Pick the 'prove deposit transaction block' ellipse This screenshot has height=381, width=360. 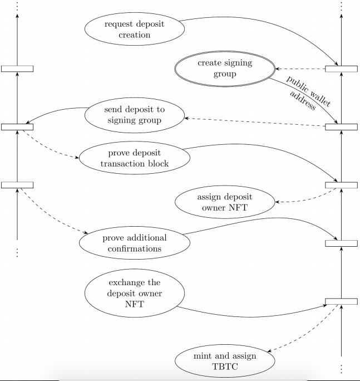click(x=135, y=158)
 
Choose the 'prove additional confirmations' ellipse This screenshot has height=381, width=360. click(x=135, y=243)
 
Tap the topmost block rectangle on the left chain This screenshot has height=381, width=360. click(x=17, y=69)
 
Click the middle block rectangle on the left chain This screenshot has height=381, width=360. click(x=17, y=126)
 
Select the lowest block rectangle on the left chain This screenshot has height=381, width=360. click(x=17, y=185)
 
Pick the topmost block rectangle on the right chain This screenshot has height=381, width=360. click(x=341, y=69)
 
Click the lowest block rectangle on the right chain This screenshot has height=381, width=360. click(x=341, y=301)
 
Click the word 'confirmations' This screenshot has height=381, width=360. click(x=135, y=249)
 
